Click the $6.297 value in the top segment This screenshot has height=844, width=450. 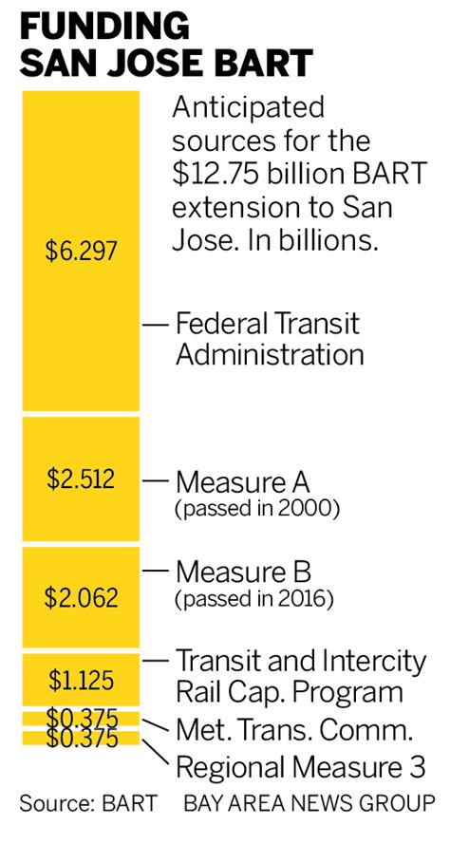[81, 251]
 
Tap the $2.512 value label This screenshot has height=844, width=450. [81, 478]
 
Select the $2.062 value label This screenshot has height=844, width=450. [81, 597]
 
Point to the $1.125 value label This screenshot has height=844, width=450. [81, 680]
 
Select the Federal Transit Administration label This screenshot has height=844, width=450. [270, 339]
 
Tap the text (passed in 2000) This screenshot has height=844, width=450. [257, 509]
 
